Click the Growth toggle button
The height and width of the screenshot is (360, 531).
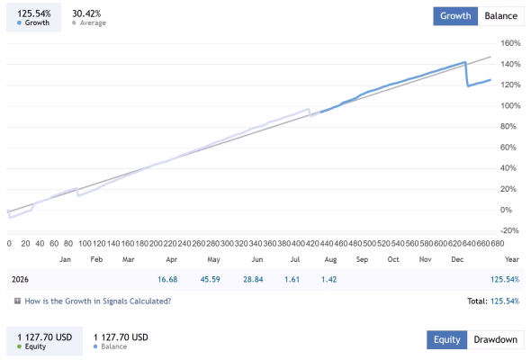(455, 16)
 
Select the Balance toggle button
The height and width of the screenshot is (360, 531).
(501, 16)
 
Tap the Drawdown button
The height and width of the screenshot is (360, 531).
(495, 339)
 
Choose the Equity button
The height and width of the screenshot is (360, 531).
(447, 339)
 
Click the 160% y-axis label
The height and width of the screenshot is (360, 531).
(510, 43)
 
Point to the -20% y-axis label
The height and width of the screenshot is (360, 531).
(509, 230)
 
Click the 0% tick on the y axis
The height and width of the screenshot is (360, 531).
(506, 210)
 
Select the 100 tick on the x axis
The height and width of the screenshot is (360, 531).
(85, 244)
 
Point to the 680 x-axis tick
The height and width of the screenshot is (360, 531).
(498, 244)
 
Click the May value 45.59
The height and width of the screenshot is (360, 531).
(210, 279)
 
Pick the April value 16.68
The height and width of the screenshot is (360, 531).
(167, 279)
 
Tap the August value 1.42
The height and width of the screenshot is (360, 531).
(328, 279)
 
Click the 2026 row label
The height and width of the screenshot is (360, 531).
(20, 279)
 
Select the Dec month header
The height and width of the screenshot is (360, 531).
(457, 259)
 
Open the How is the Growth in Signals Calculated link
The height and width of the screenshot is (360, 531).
(98, 301)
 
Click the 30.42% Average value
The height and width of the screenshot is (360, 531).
(86, 13)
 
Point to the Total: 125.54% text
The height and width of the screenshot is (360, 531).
(493, 301)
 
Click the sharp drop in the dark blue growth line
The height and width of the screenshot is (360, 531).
(467, 75)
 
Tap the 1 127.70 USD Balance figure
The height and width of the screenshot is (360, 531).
(121, 337)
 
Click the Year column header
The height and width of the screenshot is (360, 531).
(512, 259)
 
